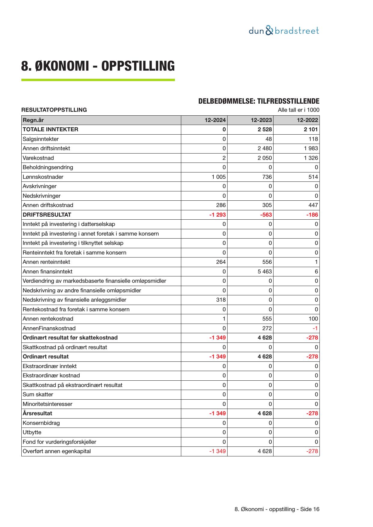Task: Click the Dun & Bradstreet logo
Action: click(x=284, y=31)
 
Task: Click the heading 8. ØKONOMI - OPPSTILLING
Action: click(x=98, y=66)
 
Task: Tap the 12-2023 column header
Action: click(x=261, y=120)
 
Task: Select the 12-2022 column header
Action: click(x=307, y=120)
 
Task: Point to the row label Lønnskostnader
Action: click(x=43, y=177)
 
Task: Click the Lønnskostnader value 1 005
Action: click(x=219, y=177)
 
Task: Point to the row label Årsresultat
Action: click(x=37, y=413)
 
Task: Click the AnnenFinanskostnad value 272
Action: click(x=267, y=328)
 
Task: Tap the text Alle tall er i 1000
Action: click(x=298, y=110)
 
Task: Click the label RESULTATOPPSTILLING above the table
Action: click(x=54, y=110)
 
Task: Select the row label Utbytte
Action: click(x=32, y=432)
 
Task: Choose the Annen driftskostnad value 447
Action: click(x=313, y=205)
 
